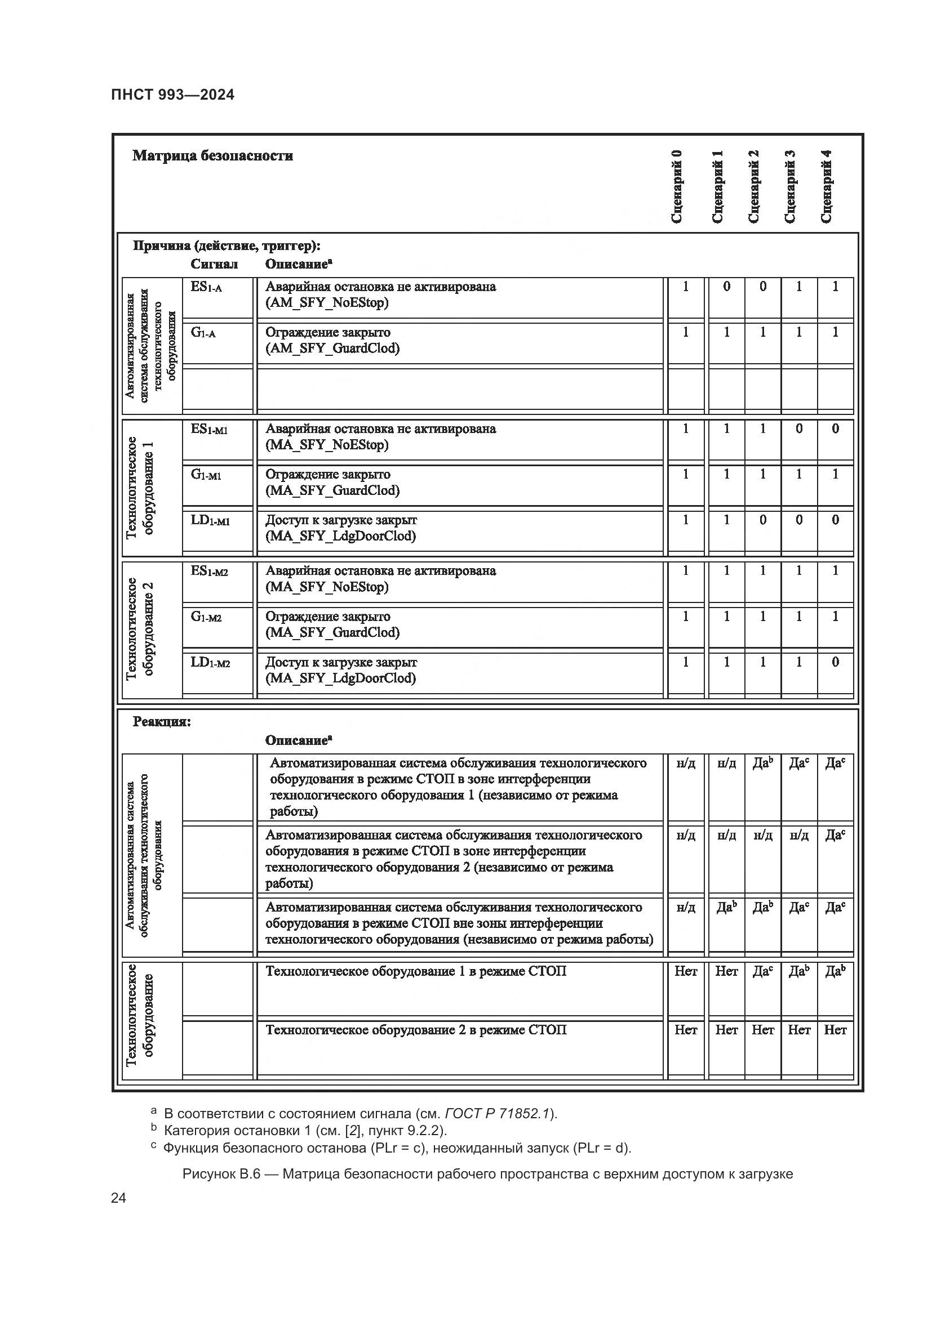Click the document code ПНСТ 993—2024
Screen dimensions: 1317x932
pyautogui.click(x=173, y=95)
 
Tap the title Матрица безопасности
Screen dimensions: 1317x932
pyautogui.click(x=212, y=155)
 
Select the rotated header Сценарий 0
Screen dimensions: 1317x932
pyautogui.click(x=677, y=186)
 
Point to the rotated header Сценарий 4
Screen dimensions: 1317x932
pyautogui.click(x=827, y=186)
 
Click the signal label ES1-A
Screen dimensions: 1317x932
pyautogui.click(x=206, y=287)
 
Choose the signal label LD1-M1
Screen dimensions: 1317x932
pyautogui.click(x=210, y=520)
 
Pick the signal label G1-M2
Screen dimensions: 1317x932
pyautogui.click(x=206, y=617)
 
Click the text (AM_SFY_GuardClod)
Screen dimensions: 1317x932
pyautogui.click(x=332, y=348)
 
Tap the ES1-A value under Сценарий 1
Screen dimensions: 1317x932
pyautogui.click(x=726, y=286)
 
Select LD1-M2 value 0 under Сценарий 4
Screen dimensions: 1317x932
pyautogui.click(x=835, y=662)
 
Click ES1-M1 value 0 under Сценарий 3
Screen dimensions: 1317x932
pyautogui.click(x=798, y=428)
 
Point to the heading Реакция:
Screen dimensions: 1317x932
pyautogui.click(x=161, y=722)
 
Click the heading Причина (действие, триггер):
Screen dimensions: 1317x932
pyautogui.click(x=227, y=246)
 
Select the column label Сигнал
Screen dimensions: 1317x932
pyautogui.click(x=214, y=265)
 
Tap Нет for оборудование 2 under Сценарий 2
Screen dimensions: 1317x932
pyautogui.click(x=763, y=1030)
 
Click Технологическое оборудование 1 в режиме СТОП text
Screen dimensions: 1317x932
pyautogui.click(x=415, y=971)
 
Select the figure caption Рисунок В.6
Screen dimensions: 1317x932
pyautogui.click(x=487, y=1174)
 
